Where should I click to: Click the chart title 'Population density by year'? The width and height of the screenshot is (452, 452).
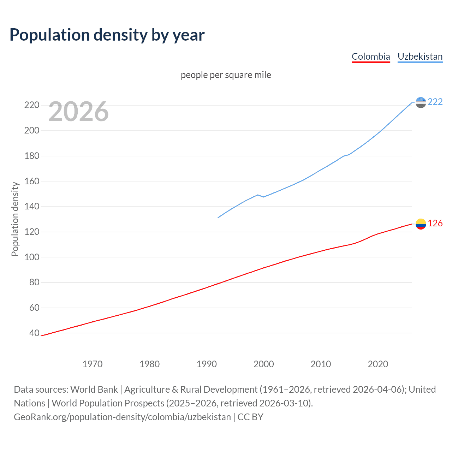point(107,35)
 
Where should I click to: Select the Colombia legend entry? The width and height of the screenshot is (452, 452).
point(371,56)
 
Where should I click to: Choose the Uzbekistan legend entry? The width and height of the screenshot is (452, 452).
point(420,56)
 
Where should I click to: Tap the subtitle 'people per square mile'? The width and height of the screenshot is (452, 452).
point(226,75)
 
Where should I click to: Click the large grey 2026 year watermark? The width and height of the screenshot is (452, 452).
point(78,112)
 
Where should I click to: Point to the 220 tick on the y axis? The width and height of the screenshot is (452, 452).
point(32,105)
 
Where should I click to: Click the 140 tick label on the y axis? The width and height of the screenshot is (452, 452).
point(32,207)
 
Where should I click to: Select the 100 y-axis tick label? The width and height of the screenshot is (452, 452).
point(32,257)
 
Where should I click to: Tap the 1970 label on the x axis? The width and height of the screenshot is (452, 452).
point(93,364)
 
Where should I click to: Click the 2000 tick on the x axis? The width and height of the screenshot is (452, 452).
point(264,364)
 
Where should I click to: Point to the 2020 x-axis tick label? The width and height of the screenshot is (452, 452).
point(378,364)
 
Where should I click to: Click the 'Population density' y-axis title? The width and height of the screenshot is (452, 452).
point(15,219)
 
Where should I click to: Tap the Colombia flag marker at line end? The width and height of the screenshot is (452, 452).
point(421,224)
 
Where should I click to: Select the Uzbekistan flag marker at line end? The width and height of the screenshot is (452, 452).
point(421,102)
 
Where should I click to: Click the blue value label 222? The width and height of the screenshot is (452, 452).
point(435,102)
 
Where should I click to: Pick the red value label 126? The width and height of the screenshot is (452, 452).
point(435,224)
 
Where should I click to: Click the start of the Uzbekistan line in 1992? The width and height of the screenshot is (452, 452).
point(218,218)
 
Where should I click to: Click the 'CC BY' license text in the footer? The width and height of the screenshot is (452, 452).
point(250,417)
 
